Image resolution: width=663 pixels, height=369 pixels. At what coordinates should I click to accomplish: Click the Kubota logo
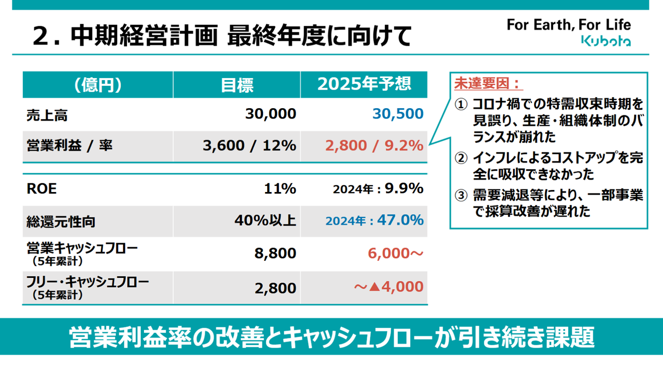[x=606, y=41]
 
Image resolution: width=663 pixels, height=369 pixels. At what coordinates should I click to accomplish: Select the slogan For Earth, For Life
[x=568, y=24]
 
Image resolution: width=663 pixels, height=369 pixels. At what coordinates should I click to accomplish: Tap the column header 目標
[x=237, y=85]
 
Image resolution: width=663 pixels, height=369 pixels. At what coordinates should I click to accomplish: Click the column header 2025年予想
[x=364, y=84]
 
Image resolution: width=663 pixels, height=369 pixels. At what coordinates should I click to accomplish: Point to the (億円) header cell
[x=97, y=85]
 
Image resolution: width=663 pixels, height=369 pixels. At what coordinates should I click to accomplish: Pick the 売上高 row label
[x=47, y=114]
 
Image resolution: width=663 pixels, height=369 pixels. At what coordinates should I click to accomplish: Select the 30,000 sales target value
[x=270, y=114]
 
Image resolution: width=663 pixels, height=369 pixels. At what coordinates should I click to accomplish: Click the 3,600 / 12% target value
[x=249, y=145]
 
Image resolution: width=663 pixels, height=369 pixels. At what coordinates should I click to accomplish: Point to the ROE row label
[x=41, y=189]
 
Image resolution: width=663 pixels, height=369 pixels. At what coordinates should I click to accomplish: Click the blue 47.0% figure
[x=400, y=220]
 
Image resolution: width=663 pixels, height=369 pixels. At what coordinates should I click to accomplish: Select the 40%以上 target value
[x=265, y=220]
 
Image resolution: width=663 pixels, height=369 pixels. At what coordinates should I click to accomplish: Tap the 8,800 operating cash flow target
[x=276, y=254]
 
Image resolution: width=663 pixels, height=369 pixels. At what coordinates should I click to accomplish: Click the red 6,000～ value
[x=396, y=254]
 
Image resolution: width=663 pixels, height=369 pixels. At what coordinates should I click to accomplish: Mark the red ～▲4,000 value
[x=389, y=287]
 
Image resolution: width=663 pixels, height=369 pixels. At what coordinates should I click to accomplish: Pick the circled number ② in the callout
[x=461, y=157]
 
